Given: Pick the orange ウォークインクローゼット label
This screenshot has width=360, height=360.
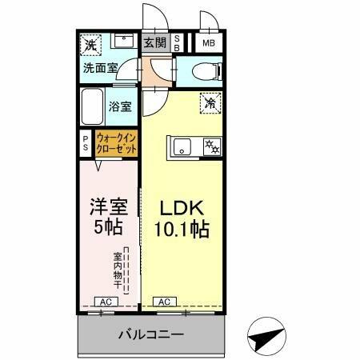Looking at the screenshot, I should [115, 142].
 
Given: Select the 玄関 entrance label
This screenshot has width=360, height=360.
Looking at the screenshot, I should [154, 42].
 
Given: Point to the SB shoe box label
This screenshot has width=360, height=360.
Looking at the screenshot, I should [178, 43].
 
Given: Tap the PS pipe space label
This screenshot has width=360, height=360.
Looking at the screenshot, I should [86, 142].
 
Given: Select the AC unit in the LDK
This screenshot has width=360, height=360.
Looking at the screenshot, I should [163, 301].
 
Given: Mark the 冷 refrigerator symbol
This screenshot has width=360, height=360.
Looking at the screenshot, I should [210, 102].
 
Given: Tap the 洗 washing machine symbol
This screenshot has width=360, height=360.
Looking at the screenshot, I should [90, 45].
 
